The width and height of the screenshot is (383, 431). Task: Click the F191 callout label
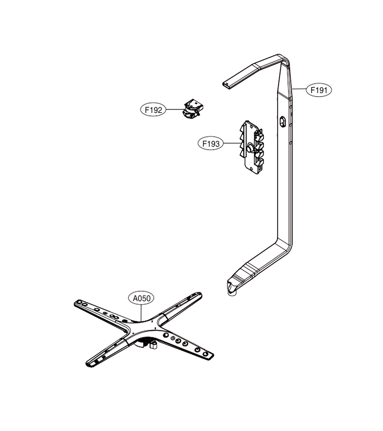pyautogui.click(x=319, y=90)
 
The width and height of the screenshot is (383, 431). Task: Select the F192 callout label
pyautogui.click(x=153, y=110)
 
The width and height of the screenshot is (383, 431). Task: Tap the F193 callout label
pyautogui.click(x=211, y=144)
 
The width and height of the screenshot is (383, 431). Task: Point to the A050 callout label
pyautogui.click(x=142, y=298)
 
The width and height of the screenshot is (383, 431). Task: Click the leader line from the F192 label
pyautogui.click(x=174, y=110)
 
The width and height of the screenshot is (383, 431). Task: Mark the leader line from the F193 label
pyautogui.click(x=233, y=143)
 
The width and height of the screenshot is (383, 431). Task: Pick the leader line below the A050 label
pyautogui.click(x=141, y=313)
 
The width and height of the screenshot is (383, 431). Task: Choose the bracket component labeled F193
pyautogui.click(x=252, y=147)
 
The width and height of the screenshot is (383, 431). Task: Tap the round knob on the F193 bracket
pyautogui.click(x=250, y=148)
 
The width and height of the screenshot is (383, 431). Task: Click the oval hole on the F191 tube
pyautogui.click(x=283, y=122)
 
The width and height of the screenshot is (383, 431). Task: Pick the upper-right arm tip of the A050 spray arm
pyautogui.click(x=198, y=295)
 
